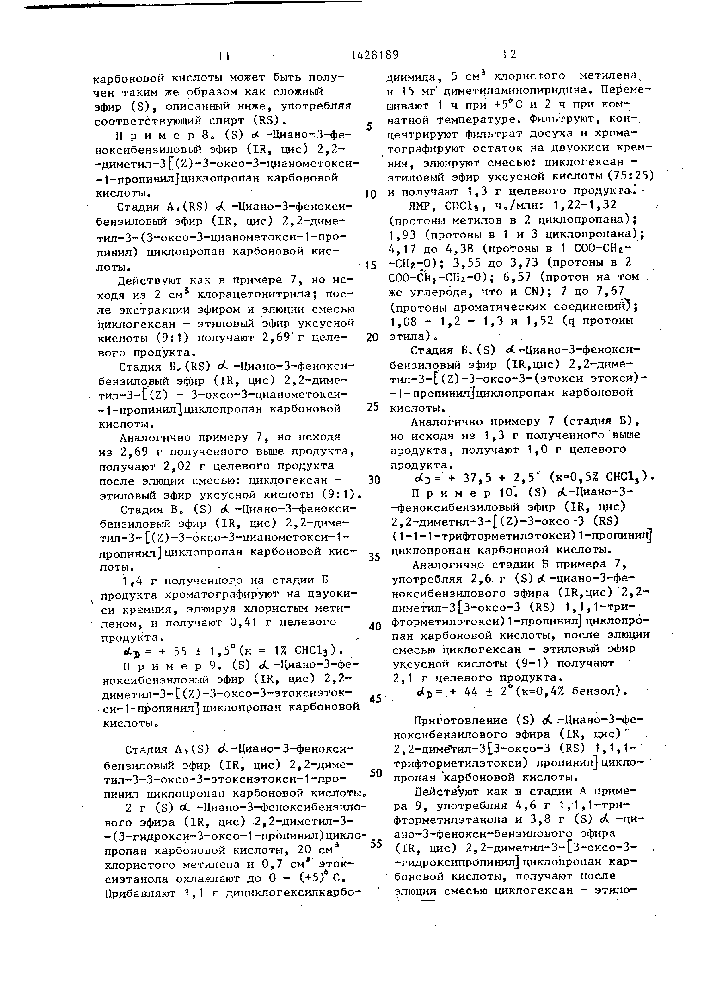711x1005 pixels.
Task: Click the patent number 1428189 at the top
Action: click(375, 55)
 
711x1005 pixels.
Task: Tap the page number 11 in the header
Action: click(224, 56)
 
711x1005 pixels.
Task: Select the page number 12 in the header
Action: click(510, 54)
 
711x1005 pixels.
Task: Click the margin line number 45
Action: click(375, 699)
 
